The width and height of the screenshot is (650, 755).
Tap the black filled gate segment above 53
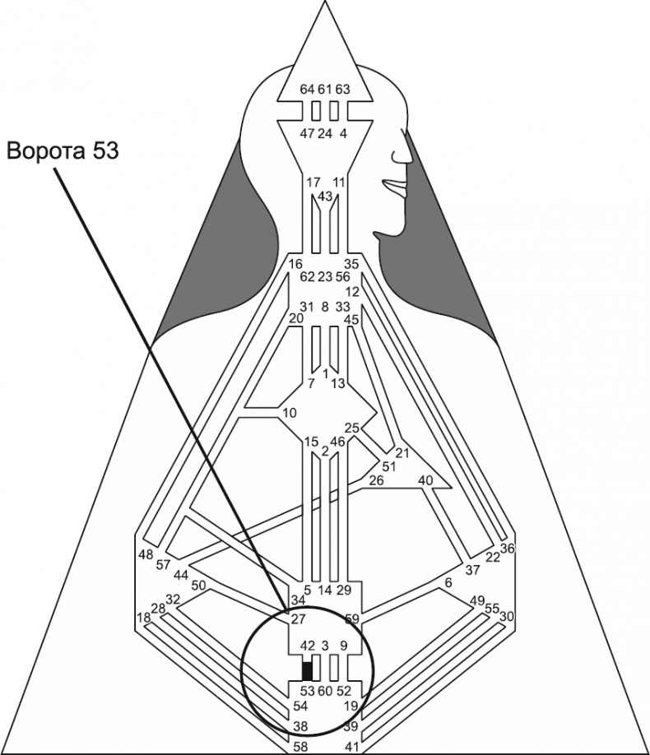coord(307,669)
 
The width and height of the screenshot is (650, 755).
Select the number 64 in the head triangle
coord(307,89)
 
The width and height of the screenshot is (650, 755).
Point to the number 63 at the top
coord(343,89)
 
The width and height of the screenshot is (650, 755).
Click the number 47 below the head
coord(307,133)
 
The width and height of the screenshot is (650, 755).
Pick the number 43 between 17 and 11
coord(325,197)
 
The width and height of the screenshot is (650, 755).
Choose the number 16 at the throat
coord(296,264)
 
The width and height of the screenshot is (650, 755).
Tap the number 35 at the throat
coord(352,264)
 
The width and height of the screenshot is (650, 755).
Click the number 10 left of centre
coord(289,412)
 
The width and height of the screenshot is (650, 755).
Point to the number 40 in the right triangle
coord(425,479)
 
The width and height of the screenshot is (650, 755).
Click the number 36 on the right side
coord(507,549)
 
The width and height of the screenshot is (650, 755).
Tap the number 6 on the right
coord(448,582)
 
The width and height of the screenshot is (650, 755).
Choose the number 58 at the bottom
coord(302,745)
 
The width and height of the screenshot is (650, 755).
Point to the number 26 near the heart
coord(377,479)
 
